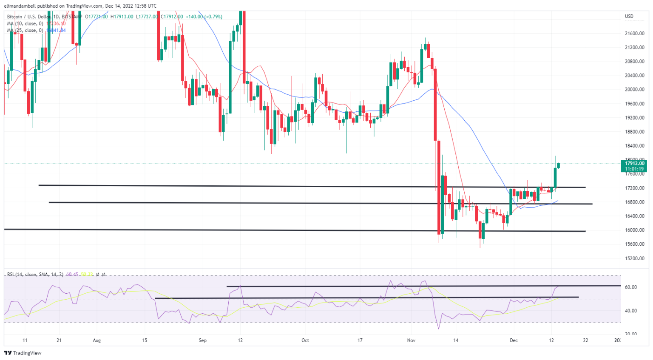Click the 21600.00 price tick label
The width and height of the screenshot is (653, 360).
pyautogui.click(x=634, y=34)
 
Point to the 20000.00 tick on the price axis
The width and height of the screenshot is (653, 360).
pyautogui.click(x=634, y=90)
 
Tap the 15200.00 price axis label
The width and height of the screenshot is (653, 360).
pyautogui.click(x=634, y=258)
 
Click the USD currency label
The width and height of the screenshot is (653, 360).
pyautogui.click(x=629, y=17)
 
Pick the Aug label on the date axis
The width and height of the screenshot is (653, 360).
pyautogui.click(x=97, y=340)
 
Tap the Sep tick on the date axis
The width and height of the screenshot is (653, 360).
pyautogui.click(x=202, y=340)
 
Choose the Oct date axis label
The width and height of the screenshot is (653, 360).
pyautogui.click(x=305, y=340)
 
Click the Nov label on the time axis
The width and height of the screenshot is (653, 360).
pyautogui.click(x=411, y=340)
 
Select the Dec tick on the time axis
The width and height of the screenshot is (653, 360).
pyautogui.click(x=514, y=340)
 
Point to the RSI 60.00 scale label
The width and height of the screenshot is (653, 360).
pyautogui.click(x=630, y=287)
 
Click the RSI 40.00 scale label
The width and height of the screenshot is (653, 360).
pyautogui.click(x=630, y=311)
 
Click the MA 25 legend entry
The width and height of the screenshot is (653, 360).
pyautogui.click(x=26, y=31)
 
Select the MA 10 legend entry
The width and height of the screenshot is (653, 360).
pyautogui.click(x=26, y=24)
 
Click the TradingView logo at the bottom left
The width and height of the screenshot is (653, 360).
pyautogui.click(x=23, y=353)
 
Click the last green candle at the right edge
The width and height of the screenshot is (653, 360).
pyautogui.click(x=558, y=165)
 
